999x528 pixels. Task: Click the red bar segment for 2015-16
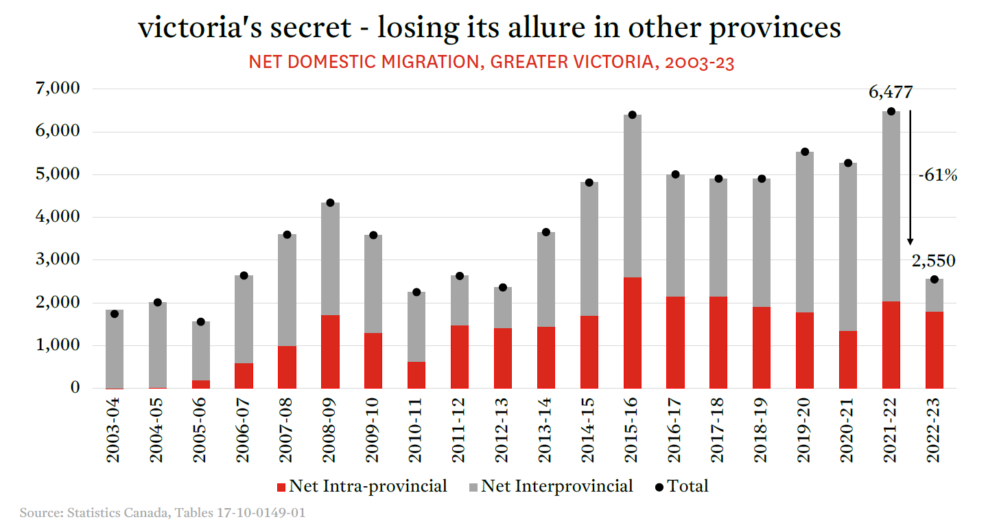pos(632,332)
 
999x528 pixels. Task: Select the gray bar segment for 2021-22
pos(891,206)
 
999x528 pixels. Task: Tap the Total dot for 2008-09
pos(330,203)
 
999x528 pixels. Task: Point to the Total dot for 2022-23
pos(934,279)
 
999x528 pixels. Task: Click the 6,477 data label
pos(891,93)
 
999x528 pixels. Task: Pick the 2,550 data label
pos(933,260)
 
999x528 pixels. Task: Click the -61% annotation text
pos(937,176)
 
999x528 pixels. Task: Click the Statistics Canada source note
pos(163,513)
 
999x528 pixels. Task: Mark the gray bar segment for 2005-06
pos(200,351)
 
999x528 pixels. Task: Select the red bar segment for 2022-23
pos(934,349)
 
